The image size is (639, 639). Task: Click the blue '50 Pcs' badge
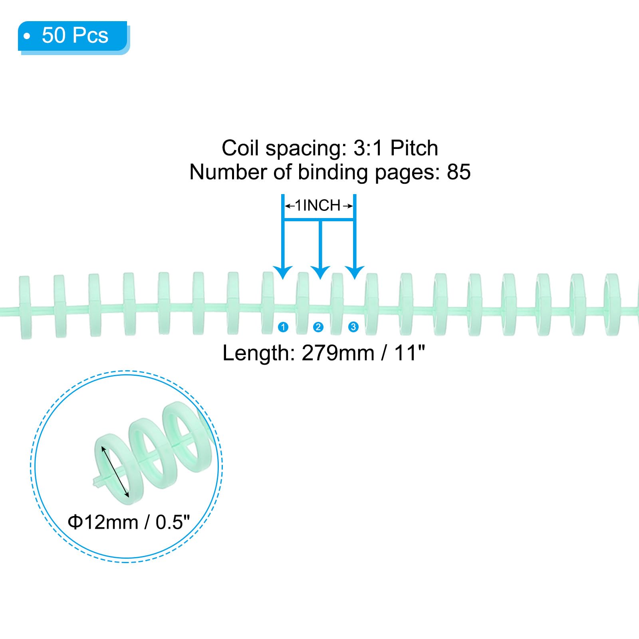[73, 37]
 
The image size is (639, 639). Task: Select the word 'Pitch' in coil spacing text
[414, 148]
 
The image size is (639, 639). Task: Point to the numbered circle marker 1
[283, 327]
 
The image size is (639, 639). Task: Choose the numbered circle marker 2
[318, 327]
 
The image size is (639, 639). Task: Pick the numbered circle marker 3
[353, 327]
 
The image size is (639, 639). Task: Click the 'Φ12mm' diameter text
[103, 522]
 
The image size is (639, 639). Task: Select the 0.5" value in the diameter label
[173, 522]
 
